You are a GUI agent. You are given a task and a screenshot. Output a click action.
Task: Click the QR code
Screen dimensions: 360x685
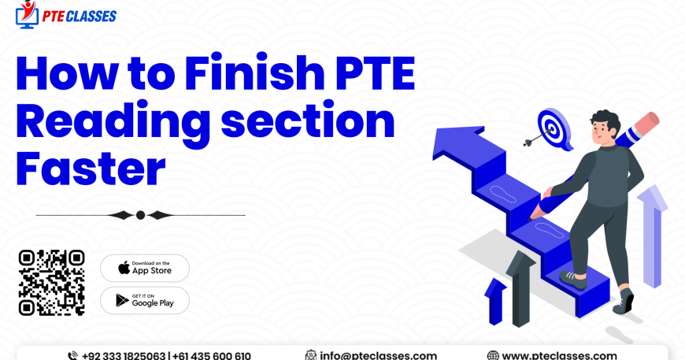point(51,282)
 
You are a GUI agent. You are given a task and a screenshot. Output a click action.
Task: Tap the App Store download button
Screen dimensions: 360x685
point(144,268)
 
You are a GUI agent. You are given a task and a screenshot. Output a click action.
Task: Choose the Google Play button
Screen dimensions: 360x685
point(144,300)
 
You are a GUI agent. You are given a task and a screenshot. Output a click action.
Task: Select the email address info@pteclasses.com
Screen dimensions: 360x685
point(378,355)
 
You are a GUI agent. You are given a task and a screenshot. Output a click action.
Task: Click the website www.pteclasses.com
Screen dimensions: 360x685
point(559,355)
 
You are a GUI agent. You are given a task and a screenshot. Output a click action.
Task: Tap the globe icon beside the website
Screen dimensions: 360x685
point(493,355)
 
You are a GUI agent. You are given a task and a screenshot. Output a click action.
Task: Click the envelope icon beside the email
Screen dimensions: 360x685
point(311,355)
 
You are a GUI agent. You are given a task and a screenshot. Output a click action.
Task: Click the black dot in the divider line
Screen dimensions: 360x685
point(140,214)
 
